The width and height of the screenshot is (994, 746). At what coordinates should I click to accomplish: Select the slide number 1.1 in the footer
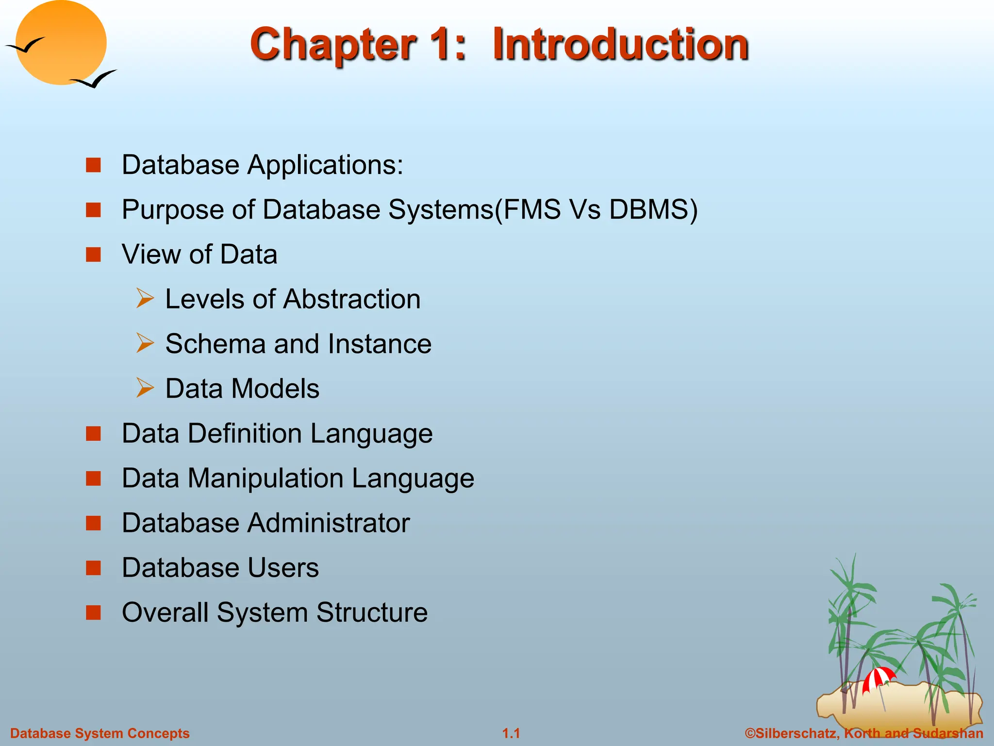point(511,733)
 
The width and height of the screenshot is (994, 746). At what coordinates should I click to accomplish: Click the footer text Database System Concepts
point(100,733)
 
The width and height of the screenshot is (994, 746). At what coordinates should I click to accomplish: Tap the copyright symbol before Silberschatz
point(750,733)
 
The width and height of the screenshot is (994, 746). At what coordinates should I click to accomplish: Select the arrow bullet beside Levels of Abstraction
point(145,298)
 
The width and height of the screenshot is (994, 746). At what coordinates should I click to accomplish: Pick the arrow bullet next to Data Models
point(145,388)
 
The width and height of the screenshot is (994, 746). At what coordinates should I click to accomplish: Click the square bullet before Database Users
point(93,567)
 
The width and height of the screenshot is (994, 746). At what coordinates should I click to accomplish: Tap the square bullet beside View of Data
point(93,254)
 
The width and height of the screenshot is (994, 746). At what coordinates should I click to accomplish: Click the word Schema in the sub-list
point(215,344)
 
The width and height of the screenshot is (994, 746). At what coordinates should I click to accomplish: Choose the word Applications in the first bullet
point(325,165)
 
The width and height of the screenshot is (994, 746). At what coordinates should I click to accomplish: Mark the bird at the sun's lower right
point(94,80)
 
